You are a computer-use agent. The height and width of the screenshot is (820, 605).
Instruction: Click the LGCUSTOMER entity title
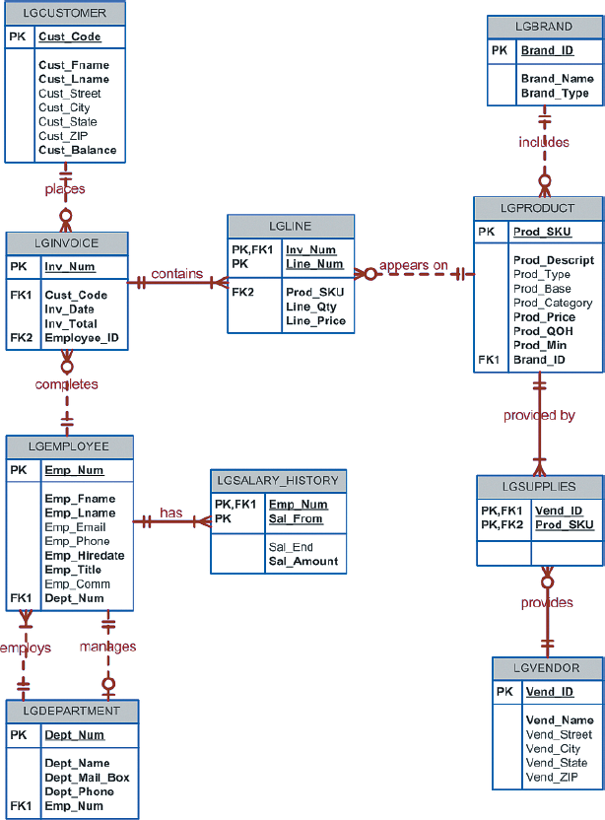[x=65, y=14]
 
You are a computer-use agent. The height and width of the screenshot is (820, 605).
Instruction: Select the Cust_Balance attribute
[x=78, y=151]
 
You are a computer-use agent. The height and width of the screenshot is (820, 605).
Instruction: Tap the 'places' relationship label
[x=65, y=189]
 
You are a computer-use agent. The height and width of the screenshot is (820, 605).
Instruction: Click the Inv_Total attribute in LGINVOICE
[x=71, y=323]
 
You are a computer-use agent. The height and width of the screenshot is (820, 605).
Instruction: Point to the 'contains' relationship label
[x=177, y=274]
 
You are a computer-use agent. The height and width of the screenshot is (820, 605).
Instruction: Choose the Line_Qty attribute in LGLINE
[x=311, y=307]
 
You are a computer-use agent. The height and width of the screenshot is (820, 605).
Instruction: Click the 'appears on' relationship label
[x=414, y=265]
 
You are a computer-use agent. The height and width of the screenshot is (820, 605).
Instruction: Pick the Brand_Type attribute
[x=555, y=94]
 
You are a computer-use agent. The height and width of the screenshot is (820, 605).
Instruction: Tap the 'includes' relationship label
[x=544, y=142]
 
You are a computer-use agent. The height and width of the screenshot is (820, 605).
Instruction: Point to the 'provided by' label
[x=539, y=415]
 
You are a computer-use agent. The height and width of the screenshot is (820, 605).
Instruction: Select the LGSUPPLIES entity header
[x=539, y=487]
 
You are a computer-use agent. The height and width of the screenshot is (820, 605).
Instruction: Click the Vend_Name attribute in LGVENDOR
[x=559, y=720]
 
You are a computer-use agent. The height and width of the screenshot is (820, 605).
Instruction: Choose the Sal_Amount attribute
[x=303, y=562]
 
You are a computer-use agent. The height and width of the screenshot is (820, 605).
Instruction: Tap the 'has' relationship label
[x=171, y=512]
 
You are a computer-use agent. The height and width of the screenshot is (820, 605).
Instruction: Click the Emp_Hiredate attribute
[x=85, y=556]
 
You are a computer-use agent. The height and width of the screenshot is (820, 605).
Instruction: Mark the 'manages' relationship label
[x=107, y=648]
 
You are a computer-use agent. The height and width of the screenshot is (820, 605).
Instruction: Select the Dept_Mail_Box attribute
[x=87, y=778]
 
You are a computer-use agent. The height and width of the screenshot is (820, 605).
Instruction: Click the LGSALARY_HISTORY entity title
[x=277, y=481]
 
